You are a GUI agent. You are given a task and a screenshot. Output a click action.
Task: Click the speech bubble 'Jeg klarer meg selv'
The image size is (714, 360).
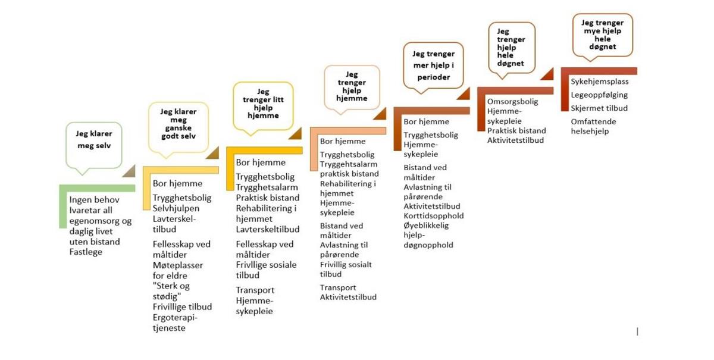94,146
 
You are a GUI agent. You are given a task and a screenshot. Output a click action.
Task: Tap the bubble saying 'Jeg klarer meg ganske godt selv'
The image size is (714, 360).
178,127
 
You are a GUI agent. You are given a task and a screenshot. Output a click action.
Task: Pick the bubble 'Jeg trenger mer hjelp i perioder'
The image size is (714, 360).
433,65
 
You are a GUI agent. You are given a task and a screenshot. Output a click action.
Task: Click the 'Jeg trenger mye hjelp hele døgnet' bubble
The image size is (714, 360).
602,35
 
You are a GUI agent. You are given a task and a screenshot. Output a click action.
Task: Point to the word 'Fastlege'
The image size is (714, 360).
86,252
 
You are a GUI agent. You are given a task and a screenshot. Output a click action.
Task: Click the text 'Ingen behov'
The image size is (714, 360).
95,200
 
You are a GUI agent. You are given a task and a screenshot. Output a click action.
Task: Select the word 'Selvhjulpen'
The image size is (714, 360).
176,208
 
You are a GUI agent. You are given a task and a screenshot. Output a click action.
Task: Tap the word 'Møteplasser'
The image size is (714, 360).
177,265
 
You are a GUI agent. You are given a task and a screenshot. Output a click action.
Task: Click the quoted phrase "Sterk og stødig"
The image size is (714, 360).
171,291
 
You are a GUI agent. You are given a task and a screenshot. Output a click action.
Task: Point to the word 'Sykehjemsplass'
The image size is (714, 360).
600,82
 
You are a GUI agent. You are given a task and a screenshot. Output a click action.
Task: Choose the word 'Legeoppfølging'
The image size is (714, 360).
599,95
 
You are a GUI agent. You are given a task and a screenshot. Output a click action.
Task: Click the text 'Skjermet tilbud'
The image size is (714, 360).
599,108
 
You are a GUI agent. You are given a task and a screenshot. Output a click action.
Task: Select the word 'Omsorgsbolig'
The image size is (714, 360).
512,102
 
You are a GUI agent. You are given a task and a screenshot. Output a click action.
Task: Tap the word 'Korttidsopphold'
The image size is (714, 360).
434,216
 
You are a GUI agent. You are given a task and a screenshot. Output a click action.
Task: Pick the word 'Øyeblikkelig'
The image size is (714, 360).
426,226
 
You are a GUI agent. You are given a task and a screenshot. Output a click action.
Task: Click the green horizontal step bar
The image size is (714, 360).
97,188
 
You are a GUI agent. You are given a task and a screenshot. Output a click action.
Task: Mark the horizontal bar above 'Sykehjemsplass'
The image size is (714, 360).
599,71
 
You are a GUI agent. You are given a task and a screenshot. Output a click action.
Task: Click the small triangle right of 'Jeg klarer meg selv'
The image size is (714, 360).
130,171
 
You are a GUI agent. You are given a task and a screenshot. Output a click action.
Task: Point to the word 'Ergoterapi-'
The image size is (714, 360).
175,318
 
